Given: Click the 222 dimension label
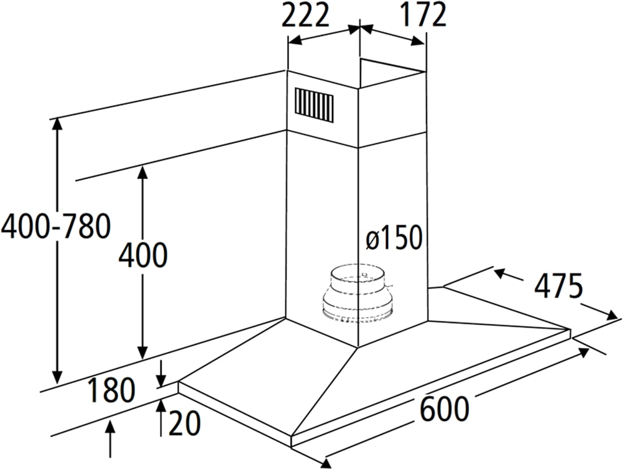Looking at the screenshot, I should coord(305,16).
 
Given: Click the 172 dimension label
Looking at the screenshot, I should coord(423,15).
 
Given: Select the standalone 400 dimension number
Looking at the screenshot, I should coord(143,255).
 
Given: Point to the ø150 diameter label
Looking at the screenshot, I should coord(394,238).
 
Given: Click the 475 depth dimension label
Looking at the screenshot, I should coord(558,287).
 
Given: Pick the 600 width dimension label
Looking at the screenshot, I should coord(444,410).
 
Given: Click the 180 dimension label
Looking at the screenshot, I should coord(111,391).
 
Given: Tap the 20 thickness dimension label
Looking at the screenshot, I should coord(184,424).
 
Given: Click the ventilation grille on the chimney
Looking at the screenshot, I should coord(314,103).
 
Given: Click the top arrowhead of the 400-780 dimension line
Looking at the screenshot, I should coord(57,123).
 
